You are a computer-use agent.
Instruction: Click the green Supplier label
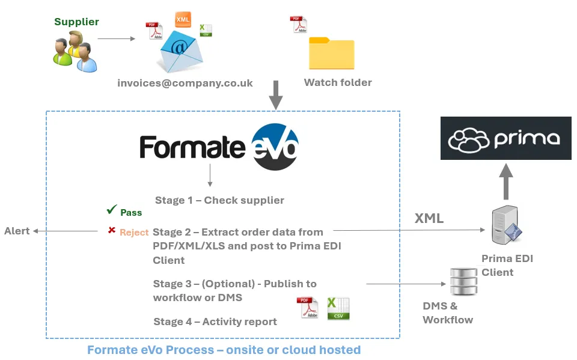(x=76, y=22)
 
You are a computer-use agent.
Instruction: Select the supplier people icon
(x=75, y=52)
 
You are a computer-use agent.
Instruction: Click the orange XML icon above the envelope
(x=183, y=19)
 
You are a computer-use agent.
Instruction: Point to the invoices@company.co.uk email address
(x=185, y=83)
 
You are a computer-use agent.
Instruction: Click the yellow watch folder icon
(x=331, y=53)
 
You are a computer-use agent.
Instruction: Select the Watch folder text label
(x=338, y=82)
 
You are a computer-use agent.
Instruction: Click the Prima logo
(x=505, y=138)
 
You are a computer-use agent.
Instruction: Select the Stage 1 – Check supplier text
(x=219, y=200)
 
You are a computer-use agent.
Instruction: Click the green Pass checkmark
(x=112, y=210)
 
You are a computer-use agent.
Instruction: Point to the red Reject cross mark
(x=111, y=230)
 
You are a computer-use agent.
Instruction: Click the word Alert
(x=17, y=231)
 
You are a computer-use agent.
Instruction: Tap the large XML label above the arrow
(x=429, y=218)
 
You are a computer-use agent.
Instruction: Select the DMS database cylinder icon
(x=463, y=282)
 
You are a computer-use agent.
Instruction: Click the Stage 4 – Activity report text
(x=215, y=322)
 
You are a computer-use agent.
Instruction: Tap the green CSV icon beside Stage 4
(x=338, y=308)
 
